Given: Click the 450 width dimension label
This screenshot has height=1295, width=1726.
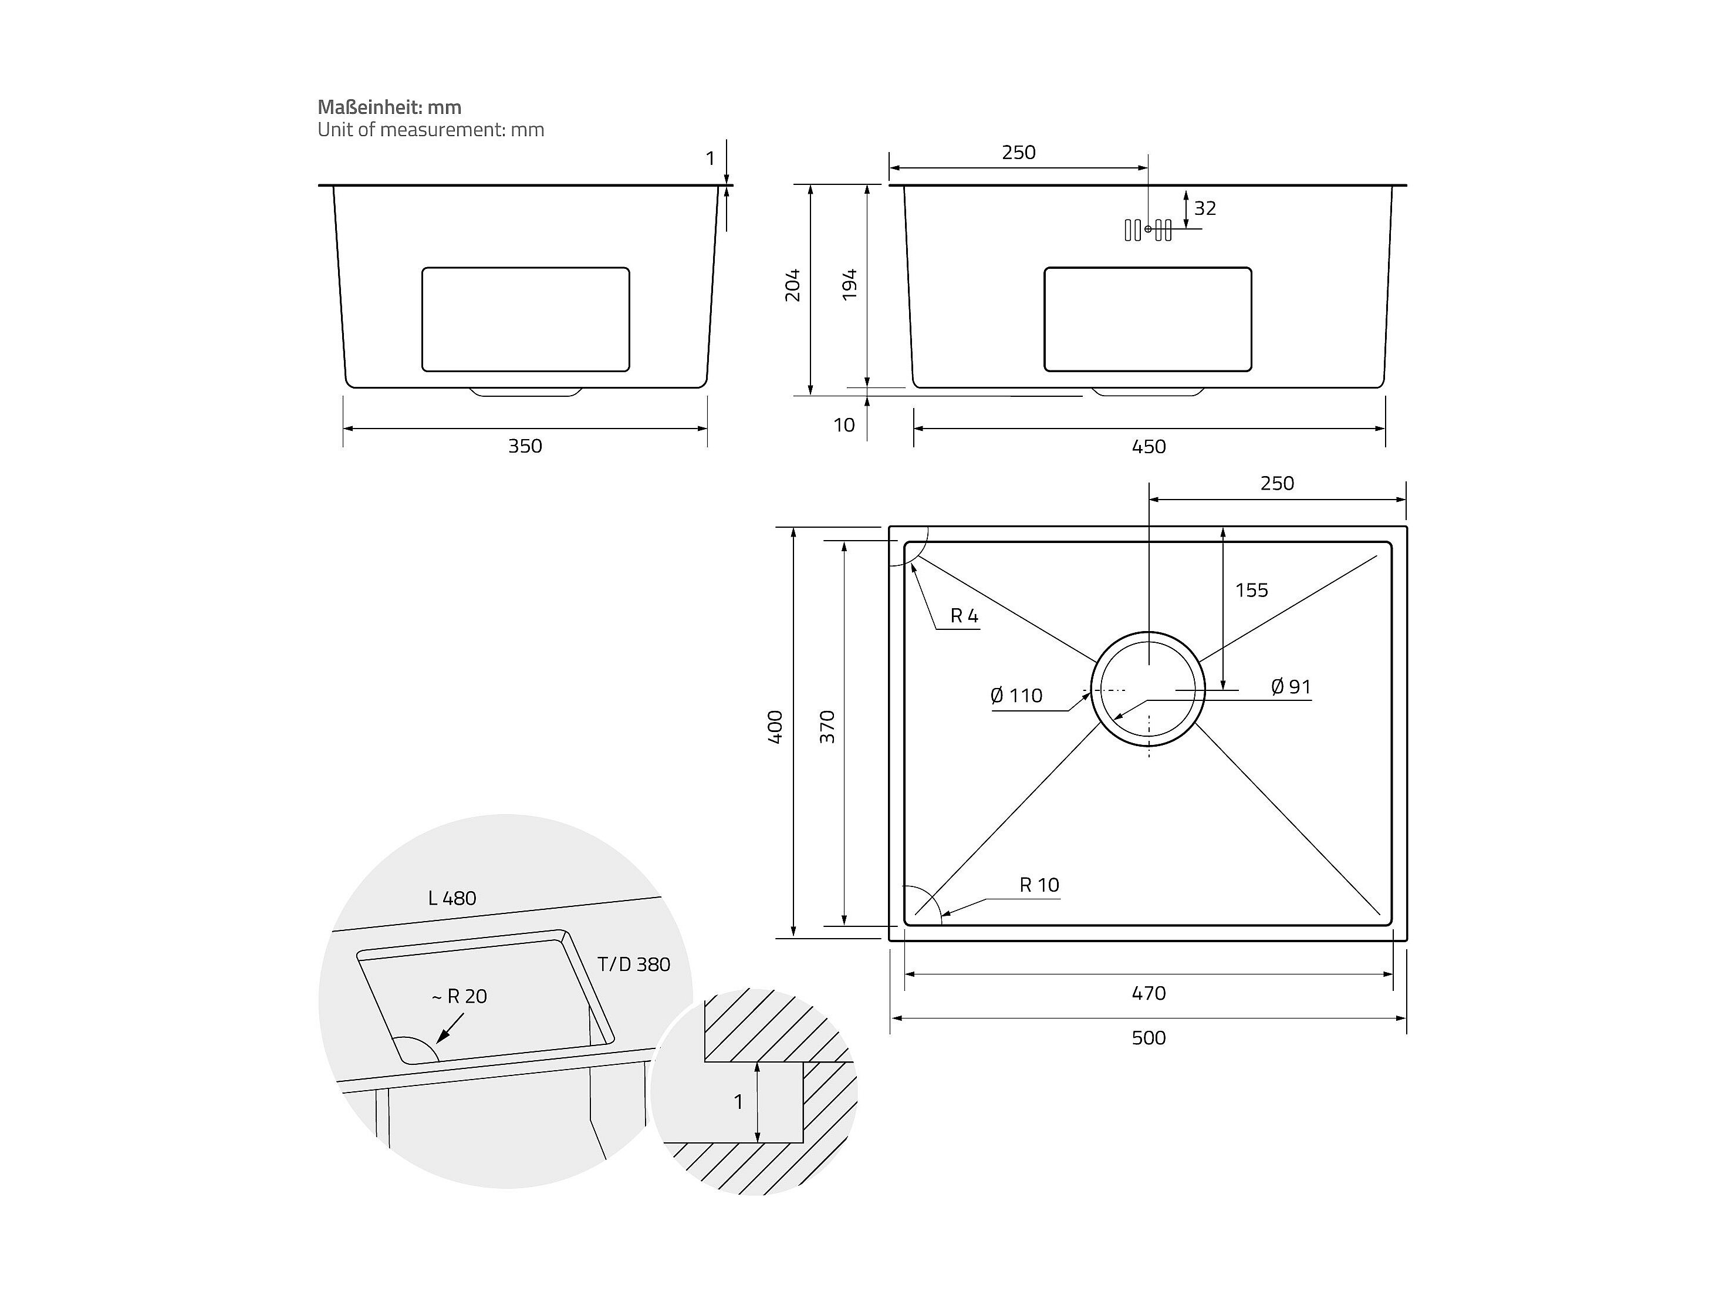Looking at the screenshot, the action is point(1148,447).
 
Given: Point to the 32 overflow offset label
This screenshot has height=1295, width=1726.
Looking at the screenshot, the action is point(1205,208).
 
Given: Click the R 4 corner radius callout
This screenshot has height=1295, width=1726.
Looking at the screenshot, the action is point(964,616).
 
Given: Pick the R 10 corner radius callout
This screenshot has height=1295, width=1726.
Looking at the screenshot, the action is point(1039,885).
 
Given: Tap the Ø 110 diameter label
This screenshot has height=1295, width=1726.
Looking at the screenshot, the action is point(1016,696).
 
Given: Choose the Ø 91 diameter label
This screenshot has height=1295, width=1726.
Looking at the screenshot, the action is point(1291,687).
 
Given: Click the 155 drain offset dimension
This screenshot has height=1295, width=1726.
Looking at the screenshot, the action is point(1252,590).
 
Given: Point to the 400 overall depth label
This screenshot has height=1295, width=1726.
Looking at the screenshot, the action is point(775,727).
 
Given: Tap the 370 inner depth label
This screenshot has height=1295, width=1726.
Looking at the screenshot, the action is point(827,727).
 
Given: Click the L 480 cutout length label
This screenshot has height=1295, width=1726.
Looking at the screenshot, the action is point(452,899).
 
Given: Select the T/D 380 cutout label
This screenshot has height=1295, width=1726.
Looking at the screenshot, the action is point(634,965).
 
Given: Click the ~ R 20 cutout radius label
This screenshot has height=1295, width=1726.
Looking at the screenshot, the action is point(460,996).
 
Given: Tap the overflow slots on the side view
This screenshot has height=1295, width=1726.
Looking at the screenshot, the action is point(1148,230).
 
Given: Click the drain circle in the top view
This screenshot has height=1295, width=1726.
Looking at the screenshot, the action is point(1148,689).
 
